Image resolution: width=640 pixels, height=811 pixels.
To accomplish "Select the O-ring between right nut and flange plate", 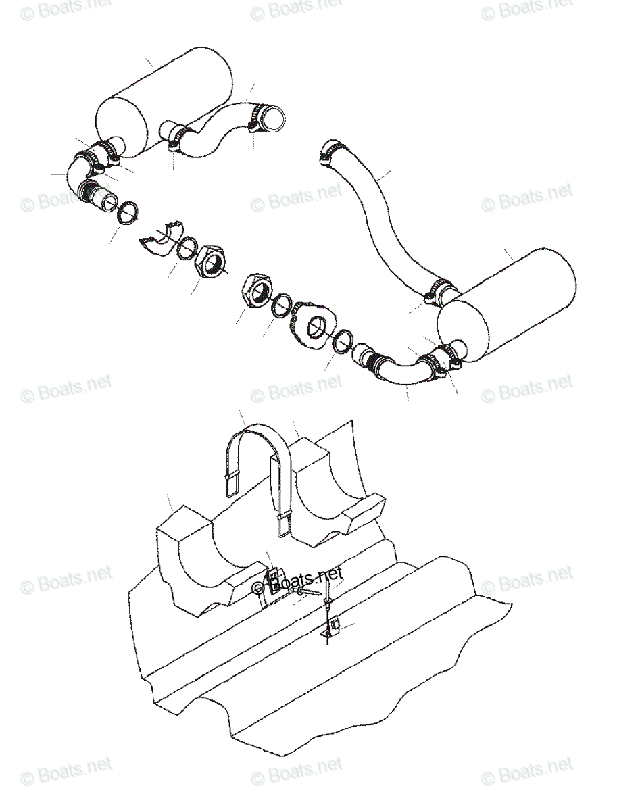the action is coord(282,306).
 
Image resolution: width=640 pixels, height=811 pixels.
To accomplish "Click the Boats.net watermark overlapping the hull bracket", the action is coord(297,583).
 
